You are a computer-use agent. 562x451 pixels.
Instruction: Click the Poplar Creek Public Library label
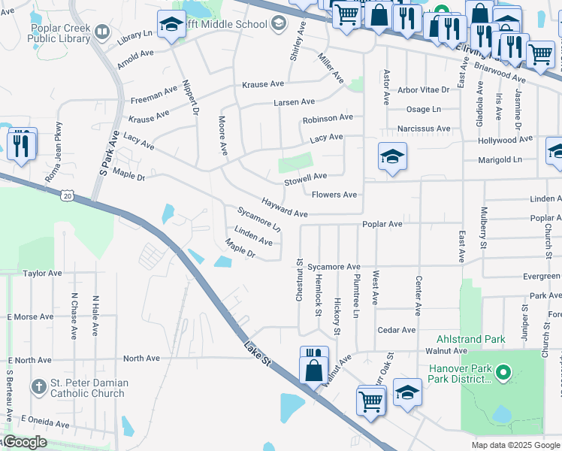(61, 34)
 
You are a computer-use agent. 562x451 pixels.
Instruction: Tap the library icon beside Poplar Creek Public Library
(101, 33)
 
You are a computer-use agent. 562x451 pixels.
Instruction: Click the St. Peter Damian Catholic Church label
(89, 389)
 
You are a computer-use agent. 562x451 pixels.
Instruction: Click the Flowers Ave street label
(334, 195)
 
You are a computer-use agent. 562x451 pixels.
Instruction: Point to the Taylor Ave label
(40, 274)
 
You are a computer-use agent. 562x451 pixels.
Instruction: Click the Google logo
(24, 442)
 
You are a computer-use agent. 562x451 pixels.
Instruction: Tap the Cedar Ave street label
(397, 330)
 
